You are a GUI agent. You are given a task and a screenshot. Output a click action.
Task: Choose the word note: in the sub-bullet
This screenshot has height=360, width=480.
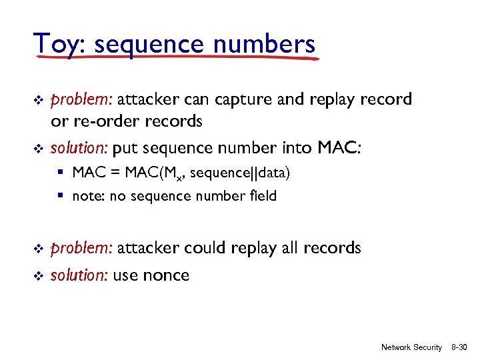click(88, 196)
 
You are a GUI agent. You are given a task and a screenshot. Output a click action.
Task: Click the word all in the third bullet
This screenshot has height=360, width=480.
click(288, 248)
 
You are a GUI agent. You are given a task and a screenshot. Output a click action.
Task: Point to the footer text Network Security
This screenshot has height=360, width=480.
click(411, 347)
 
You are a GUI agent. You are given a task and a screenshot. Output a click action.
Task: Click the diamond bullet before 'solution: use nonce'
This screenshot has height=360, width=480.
click(38, 276)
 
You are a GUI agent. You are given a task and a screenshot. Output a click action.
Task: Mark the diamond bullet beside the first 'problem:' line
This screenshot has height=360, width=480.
click(38, 101)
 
